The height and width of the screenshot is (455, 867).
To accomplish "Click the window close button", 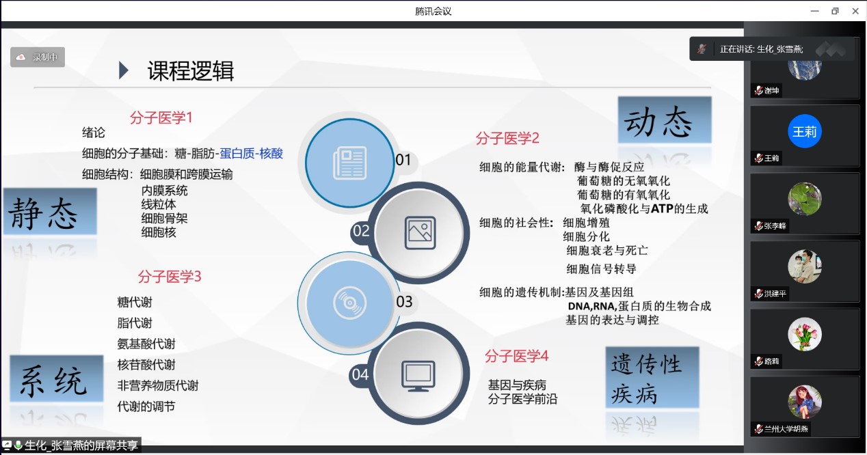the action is click(855, 11).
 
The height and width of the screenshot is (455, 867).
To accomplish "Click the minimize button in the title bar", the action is click(815, 12).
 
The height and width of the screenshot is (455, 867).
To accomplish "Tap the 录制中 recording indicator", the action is click(38, 57).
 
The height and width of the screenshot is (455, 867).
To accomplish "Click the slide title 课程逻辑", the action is click(191, 71).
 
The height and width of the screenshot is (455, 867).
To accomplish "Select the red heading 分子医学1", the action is click(161, 118).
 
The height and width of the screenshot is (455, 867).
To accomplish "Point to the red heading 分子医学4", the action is click(516, 356).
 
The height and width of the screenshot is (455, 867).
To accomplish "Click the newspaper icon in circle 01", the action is click(350, 163).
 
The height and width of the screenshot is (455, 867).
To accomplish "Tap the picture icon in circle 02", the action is click(420, 233).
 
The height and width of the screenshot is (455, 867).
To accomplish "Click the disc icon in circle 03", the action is click(349, 303).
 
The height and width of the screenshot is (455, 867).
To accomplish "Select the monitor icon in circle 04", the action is click(418, 376).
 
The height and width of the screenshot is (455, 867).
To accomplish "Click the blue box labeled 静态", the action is click(51, 212).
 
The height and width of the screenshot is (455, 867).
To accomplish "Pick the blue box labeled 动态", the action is click(665, 120).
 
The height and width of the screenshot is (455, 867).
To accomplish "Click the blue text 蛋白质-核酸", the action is click(251, 154).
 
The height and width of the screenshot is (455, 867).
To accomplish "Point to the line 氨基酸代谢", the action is click(146, 344).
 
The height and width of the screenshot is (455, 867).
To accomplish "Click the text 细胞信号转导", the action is click(601, 268).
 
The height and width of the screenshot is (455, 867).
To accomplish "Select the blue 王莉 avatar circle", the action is click(805, 131).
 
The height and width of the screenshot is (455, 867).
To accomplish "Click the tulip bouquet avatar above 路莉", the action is click(805, 334).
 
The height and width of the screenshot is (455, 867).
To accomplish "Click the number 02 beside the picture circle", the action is click(361, 231).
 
